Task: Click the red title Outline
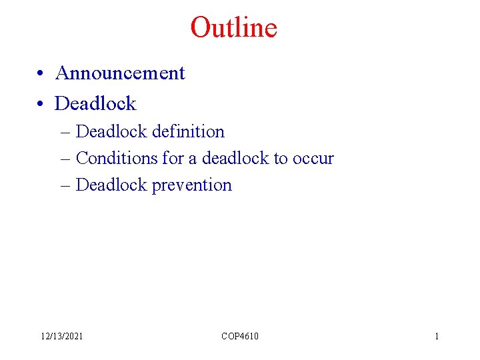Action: click(x=233, y=28)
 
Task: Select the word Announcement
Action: click(x=120, y=73)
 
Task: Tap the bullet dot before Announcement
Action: click(x=41, y=74)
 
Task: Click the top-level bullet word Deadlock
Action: click(x=95, y=103)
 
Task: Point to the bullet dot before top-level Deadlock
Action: click(x=41, y=104)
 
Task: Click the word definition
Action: click(x=188, y=131)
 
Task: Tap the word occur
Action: click(x=313, y=159)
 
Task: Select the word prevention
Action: click(x=191, y=185)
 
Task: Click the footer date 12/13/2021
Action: click(x=62, y=336)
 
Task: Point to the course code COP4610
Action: click(x=240, y=336)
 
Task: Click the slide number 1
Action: click(x=437, y=336)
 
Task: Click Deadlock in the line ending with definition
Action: click(x=111, y=131)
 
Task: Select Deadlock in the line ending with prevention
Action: click(x=111, y=185)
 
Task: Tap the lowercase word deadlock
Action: click(x=235, y=158)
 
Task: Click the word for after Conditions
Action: click(x=172, y=158)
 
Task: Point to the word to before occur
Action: click(x=281, y=159)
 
